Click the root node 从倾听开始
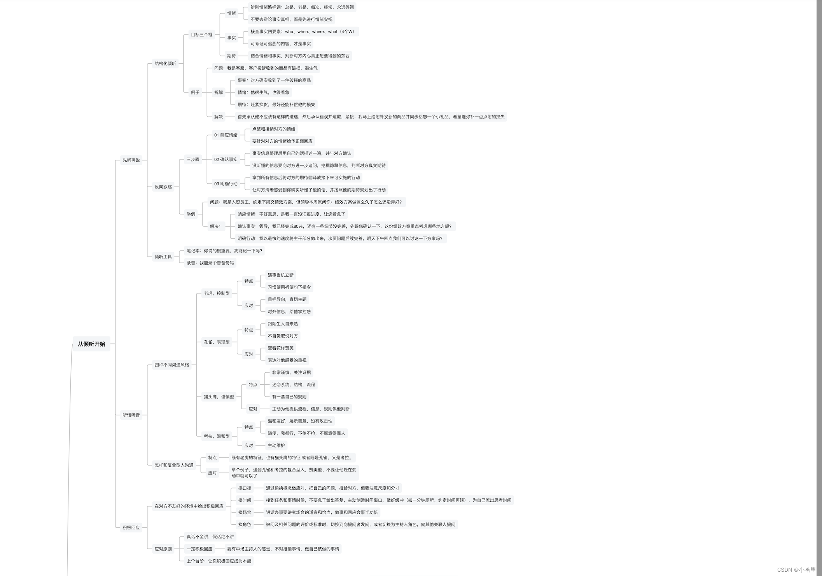click(x=91, y=344)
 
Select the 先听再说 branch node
click(x=131, y=160)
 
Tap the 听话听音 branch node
click(x=131, y=415)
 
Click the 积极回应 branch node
click(x=131, y=527)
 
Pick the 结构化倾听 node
click(x=165, y=63)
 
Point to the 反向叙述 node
click(x=163, y=187)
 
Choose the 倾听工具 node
click(x=163, y=257)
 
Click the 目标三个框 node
click(x=201, y=35)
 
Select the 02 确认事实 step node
click(x=226, y=159)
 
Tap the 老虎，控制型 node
click(x=217, y=293)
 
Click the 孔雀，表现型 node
click(x=217, y=342)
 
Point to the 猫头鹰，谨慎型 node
click(x=219, y=397)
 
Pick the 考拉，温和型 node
click(x=217, y=436)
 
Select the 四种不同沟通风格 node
click(x=171, y=365)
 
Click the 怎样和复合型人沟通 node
click(x=174, y=465)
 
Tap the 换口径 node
click(x=245, y=488)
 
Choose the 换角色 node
click(x=245, y=524)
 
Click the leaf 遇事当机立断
click(x=280, y=275)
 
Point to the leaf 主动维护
click(x=276, y=445)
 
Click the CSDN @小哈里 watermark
click(x=796, y=569)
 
